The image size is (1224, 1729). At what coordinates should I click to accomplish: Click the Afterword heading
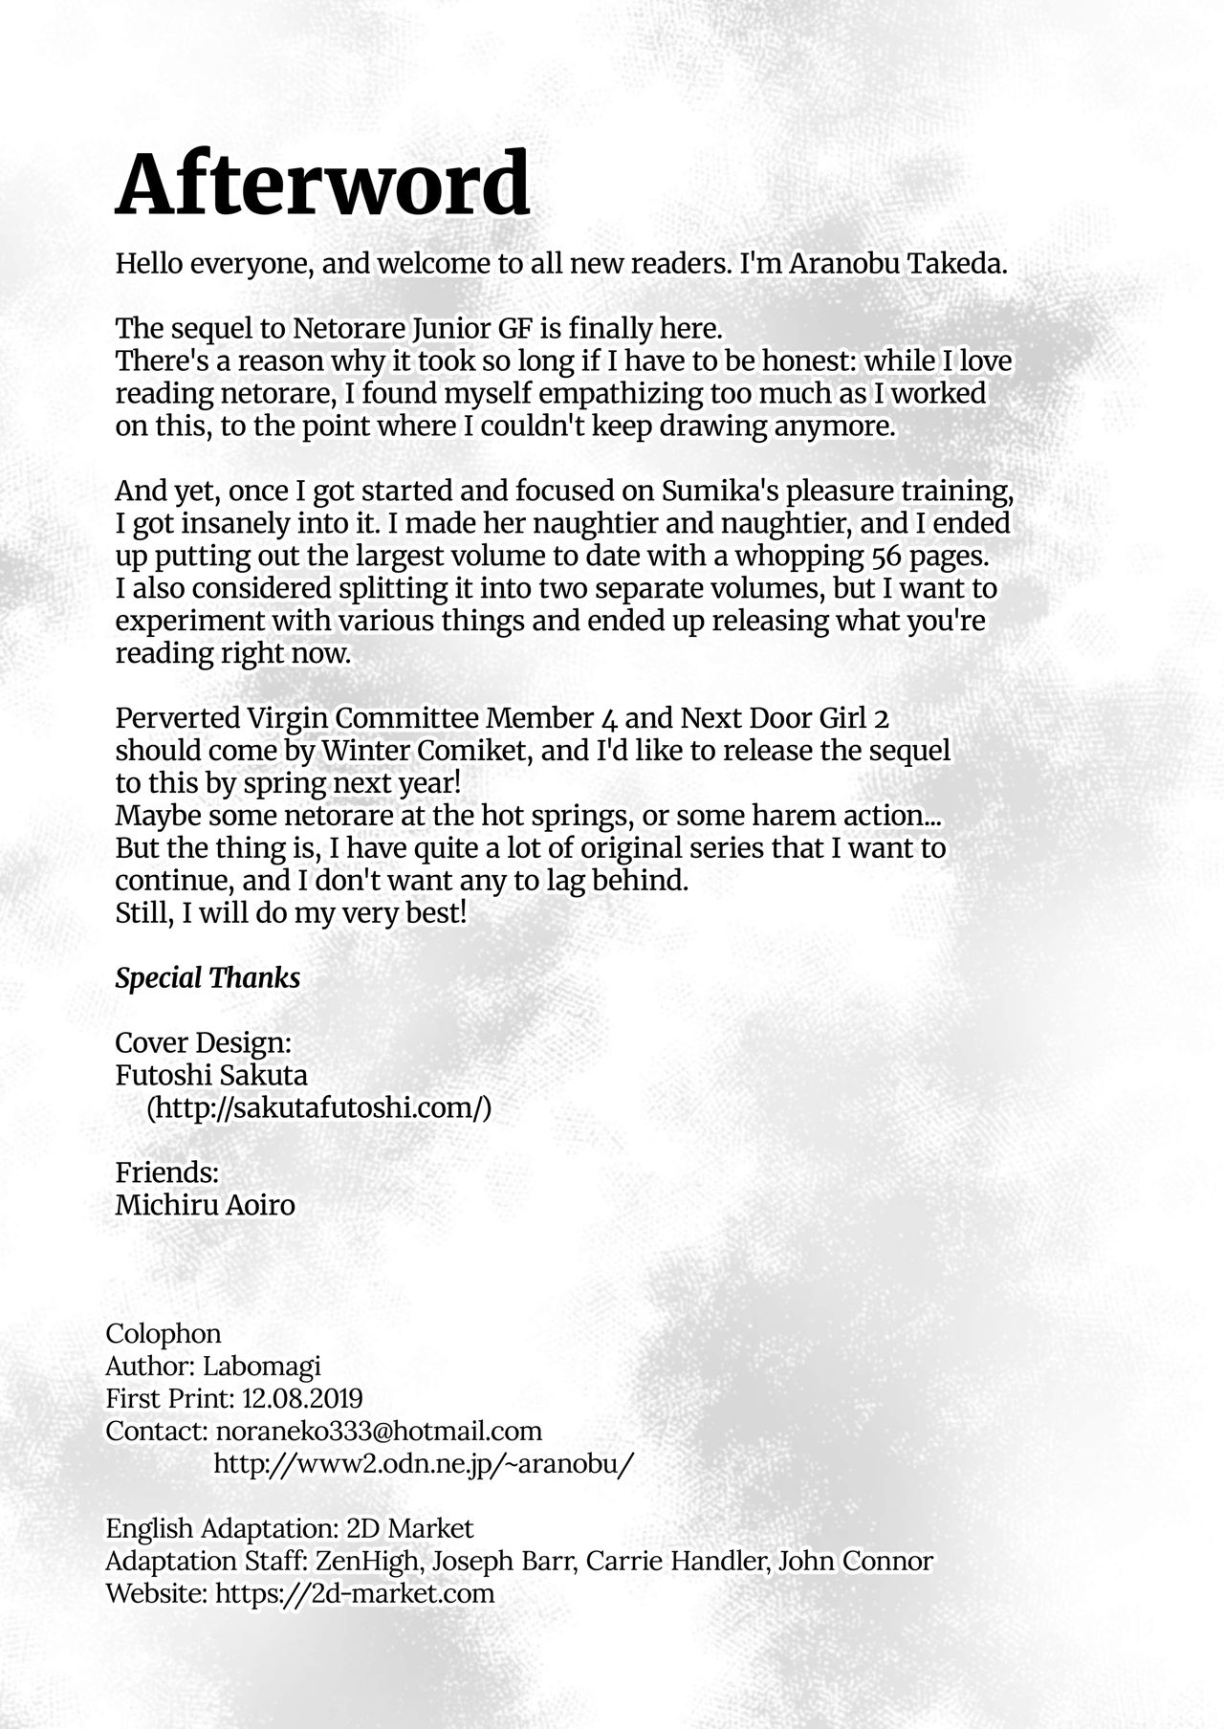322,185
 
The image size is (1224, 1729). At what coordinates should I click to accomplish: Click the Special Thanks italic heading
208,978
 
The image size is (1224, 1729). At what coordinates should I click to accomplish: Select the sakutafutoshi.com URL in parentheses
318,1108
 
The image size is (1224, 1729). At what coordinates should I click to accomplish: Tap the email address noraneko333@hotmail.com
379,1432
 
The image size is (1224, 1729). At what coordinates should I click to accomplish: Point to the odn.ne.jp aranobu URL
424,1464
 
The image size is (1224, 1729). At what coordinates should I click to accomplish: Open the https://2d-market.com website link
355,1594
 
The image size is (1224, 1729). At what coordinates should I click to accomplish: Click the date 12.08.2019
302,1399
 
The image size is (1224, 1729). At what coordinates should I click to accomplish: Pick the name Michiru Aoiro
205,1205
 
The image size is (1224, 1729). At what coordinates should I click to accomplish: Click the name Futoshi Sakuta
211,1076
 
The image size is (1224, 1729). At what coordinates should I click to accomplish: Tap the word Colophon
164,1334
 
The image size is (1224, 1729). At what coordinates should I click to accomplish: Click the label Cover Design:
203,1042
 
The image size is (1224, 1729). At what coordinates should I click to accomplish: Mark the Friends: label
168,1172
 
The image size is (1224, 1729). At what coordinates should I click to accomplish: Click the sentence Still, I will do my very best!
291,913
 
